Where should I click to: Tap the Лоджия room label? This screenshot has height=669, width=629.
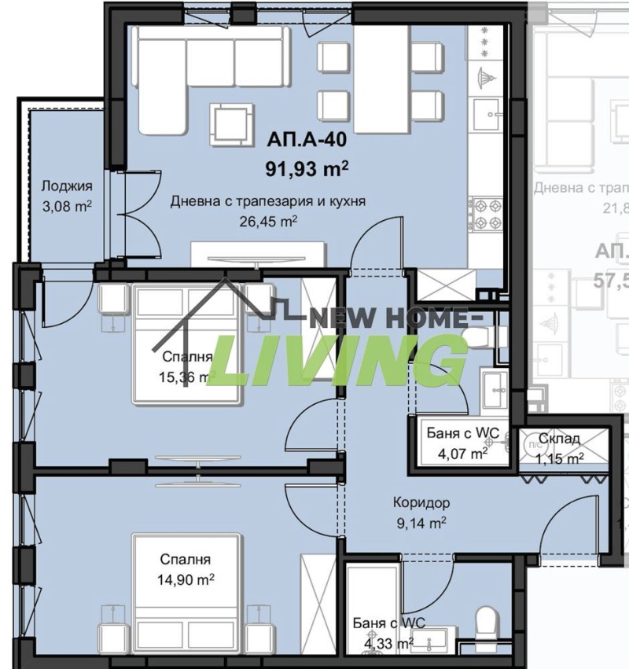point(67,186)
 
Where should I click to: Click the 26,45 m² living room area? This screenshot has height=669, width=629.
point(268,221)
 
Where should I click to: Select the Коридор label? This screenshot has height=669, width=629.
point(423,502)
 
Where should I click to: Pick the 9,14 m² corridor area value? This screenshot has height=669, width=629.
point(423,520)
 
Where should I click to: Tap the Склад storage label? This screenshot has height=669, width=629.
point(559,439)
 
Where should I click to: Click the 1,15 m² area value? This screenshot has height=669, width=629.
point(559,457)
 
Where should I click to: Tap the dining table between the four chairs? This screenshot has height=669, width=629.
point(380,79)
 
